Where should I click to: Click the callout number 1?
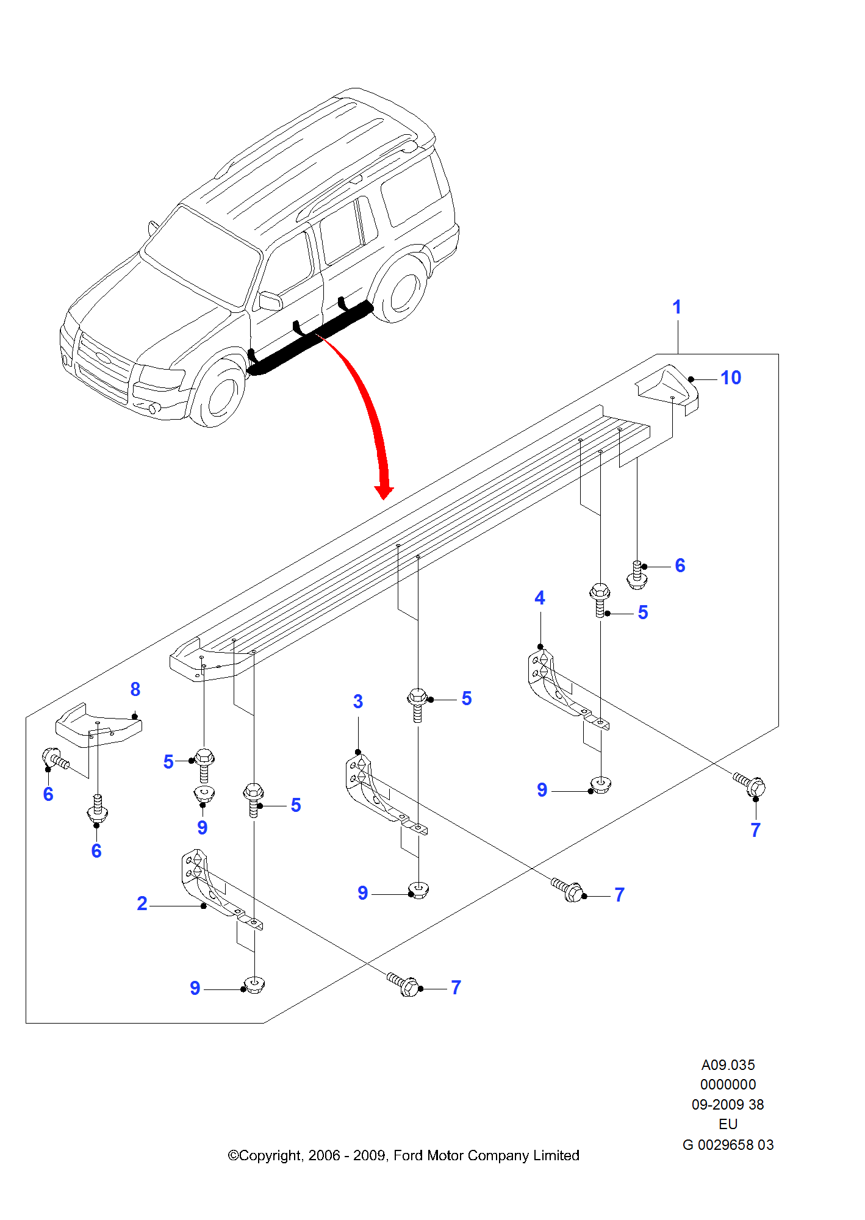[x=677, y=307]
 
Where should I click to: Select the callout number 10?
[x=731, y=378]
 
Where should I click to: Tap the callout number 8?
[x=135, y=689]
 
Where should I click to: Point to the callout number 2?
[x=142, y=903]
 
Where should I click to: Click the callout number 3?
[x=358, y=701]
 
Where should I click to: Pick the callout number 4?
[x=540, y=598]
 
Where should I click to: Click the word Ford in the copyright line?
[x=407, y=1155]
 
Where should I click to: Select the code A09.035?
[x=728, y=1065]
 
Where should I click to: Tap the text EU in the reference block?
[x=728, y=1124]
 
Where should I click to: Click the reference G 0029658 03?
[x=728, y=1145]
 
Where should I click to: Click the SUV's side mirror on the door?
[x=270, y=301]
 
